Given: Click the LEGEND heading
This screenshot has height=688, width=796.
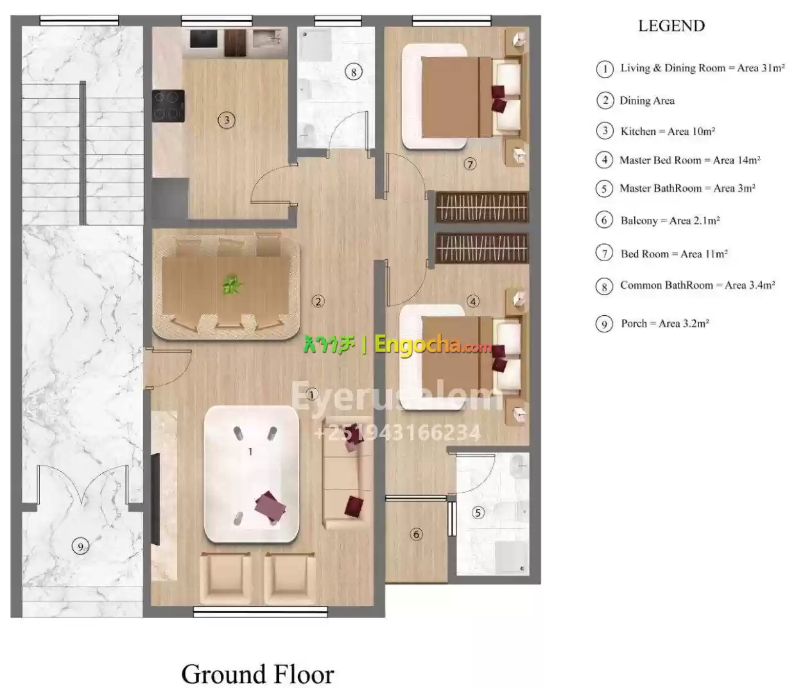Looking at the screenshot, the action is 671,26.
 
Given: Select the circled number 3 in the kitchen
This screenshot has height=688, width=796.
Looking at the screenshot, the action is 227,120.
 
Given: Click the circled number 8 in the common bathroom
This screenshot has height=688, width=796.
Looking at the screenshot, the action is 353,72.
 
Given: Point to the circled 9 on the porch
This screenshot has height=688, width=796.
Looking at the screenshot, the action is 80,546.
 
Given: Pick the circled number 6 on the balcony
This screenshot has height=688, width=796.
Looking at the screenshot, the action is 416,534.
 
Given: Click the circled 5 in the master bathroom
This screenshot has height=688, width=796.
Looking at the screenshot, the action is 478,512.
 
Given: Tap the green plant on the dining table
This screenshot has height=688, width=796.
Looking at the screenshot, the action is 232,286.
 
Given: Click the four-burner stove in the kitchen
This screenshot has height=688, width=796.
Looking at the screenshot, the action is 168,106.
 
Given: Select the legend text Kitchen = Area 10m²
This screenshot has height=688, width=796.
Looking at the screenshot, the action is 668,132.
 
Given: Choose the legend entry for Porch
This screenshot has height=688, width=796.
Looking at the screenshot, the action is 664,323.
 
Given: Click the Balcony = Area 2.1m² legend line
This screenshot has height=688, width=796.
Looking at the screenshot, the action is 670,221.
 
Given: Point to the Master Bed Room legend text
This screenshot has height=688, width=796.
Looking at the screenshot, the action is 689,160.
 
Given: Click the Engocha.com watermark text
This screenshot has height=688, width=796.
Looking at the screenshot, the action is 433,345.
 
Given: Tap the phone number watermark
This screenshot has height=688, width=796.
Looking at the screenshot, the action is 397,433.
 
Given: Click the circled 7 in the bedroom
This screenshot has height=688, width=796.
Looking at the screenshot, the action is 469,164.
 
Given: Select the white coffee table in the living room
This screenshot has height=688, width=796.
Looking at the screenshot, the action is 251,474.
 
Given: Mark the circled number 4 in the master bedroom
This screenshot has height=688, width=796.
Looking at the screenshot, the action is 473,301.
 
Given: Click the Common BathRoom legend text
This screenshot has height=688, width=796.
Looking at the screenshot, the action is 697,286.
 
